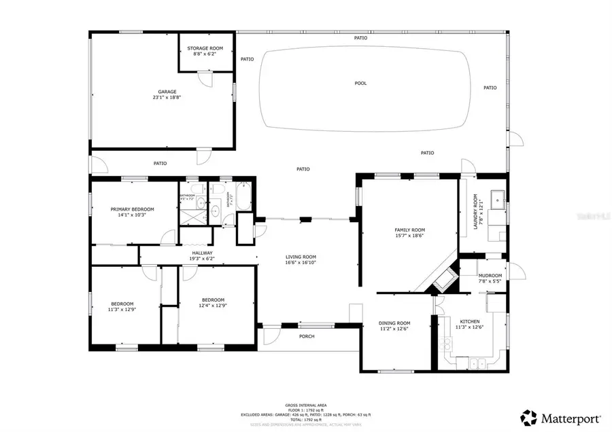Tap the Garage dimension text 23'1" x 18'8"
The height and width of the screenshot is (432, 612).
[x=167, y=98]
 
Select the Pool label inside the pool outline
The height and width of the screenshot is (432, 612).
[x=360, y=83]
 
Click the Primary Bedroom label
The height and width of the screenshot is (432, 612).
[x=133, y=209]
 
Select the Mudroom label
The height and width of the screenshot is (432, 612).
[x=490, y=275]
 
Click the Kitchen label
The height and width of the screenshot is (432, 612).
[x=469, y=321]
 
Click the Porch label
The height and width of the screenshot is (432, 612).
[x=307, y=336]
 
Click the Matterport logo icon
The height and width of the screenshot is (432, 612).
[x=528, y=416]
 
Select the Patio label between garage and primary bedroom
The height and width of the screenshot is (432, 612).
[x=160, y=163]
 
